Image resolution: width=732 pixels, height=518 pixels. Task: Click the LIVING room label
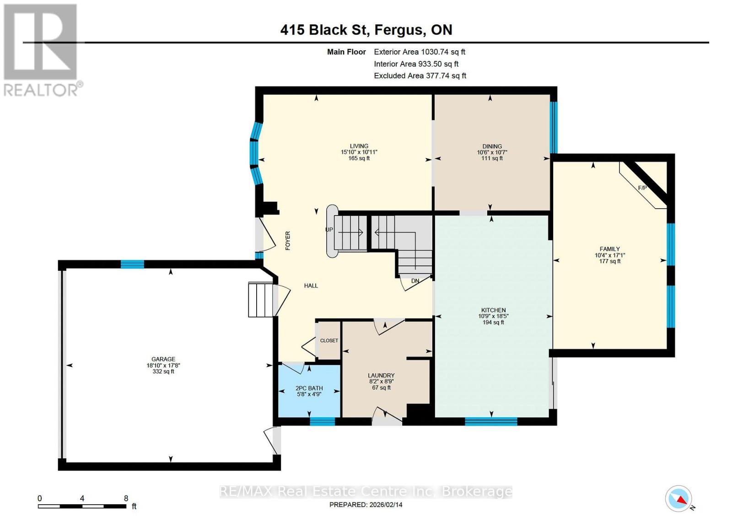[359, 146]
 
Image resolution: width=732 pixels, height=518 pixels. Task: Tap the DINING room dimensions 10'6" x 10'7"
[492, 152]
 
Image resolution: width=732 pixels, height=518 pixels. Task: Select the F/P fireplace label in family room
[642, 188]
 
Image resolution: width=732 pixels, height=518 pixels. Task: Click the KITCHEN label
[493, 310]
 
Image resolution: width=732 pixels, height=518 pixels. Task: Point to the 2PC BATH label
[309, 388]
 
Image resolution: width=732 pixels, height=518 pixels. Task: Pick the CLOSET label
[329, 340]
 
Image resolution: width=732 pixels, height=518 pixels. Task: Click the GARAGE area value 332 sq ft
[163, 372]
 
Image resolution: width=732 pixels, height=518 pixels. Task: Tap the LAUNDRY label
[381, 375]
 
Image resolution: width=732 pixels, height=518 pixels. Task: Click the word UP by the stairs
[329, 230]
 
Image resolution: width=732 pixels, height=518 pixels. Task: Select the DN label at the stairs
[415, 281]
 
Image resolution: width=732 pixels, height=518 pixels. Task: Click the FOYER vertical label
[288, 241]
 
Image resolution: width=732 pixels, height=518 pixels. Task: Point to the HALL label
[311, 286]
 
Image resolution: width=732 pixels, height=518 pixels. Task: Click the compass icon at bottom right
[678, 499]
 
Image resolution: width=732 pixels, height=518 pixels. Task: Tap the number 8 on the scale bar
[126, 498]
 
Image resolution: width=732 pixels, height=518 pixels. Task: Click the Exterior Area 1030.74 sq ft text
[420, 52]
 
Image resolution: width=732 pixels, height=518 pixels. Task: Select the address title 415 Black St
[323, 30]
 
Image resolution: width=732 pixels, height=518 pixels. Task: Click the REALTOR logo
[41, 50]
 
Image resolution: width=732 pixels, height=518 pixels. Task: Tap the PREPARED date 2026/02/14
[366, 505]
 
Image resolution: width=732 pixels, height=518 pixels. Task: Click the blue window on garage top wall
[132, 264]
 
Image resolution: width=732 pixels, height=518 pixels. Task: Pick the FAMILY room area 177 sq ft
[609, 261]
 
